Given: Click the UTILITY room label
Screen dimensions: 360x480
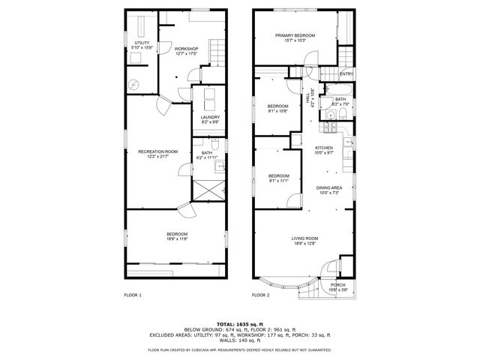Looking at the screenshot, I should (141, 43).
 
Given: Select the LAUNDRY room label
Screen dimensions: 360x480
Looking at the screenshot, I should (210, 117).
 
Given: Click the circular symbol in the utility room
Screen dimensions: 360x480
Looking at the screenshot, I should (133, 85).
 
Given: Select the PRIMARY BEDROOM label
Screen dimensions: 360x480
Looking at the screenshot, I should (295, 35).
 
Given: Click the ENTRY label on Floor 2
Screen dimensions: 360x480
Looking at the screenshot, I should (346, 73).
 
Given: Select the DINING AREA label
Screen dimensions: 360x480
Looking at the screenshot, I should (328, 187).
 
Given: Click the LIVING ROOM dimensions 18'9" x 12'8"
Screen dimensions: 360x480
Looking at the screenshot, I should (304, 243).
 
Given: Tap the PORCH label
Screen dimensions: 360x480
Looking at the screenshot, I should (338, 285).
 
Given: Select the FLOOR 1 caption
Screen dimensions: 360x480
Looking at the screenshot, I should (133, 295).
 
